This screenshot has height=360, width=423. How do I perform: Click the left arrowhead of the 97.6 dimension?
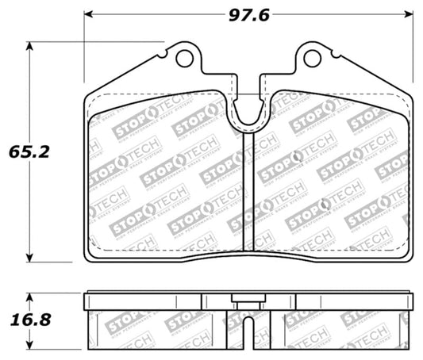pos(88,14)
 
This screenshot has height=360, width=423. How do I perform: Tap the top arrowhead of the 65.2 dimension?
pos(32,45)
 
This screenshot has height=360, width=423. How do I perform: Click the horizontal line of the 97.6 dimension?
pos(175,14)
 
